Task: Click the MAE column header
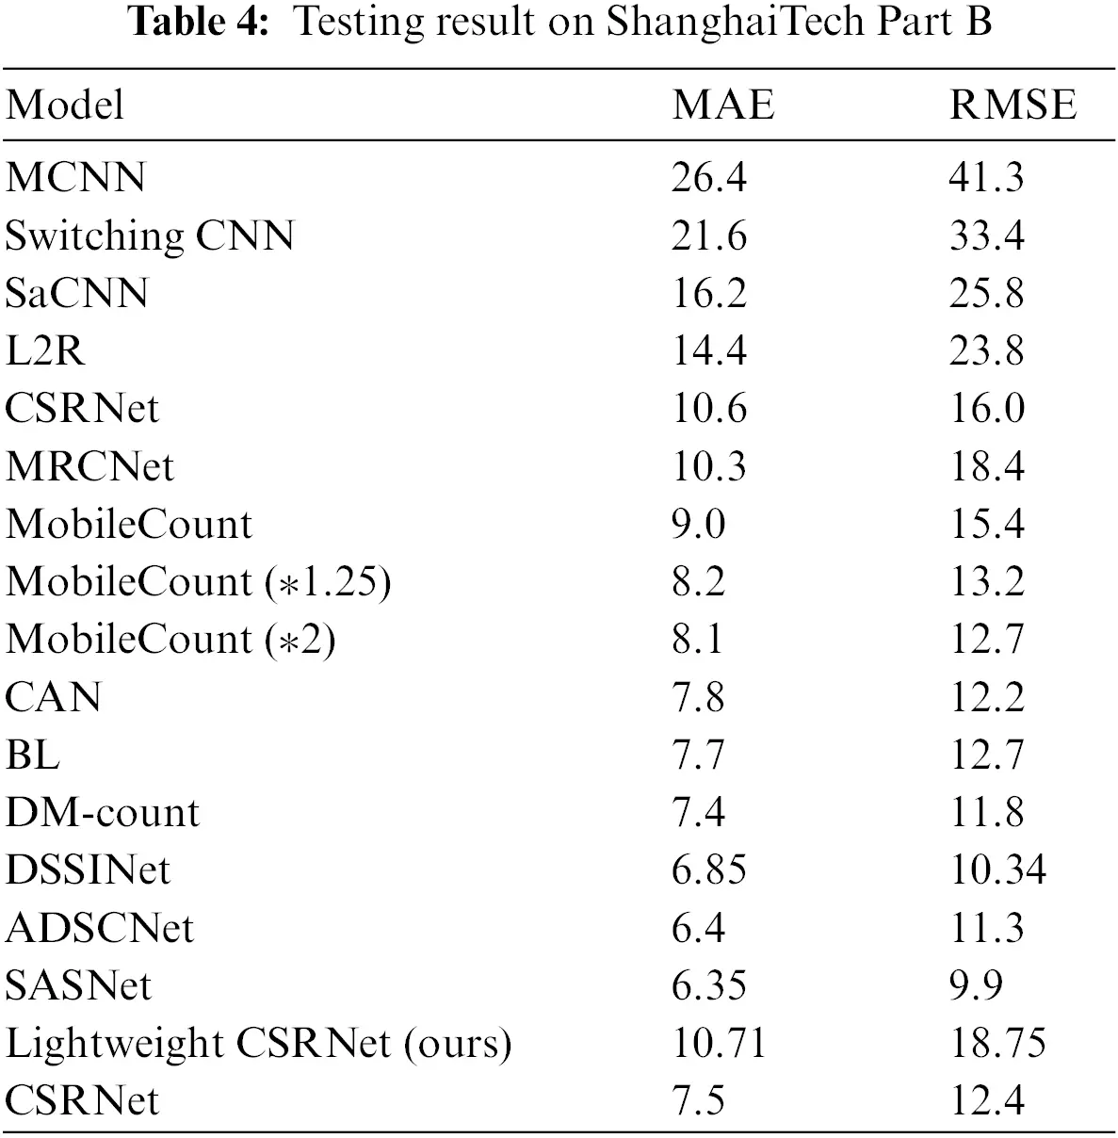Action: [722, 105]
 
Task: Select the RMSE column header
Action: [1013, 105]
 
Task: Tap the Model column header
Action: [65, 105]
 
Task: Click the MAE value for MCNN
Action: [708, 177]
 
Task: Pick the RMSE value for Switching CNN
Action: [986, 236]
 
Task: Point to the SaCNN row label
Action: [76, 293]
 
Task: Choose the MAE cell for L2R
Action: [708, 350]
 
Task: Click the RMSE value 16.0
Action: [986, 408]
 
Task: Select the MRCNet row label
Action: [89, 465]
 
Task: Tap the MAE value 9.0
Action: [698, 524]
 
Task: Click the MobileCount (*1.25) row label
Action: [198, 582]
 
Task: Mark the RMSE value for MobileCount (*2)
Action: [986, 640]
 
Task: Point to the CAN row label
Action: [53, 697]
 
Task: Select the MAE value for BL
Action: [698, 755]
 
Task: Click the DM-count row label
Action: [103, 812]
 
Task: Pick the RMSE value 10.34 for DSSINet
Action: [996, 870]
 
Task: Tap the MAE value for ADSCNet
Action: [698, 928]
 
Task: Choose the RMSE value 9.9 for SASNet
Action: [975, 985]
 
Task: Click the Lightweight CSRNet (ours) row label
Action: [258, 1043]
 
